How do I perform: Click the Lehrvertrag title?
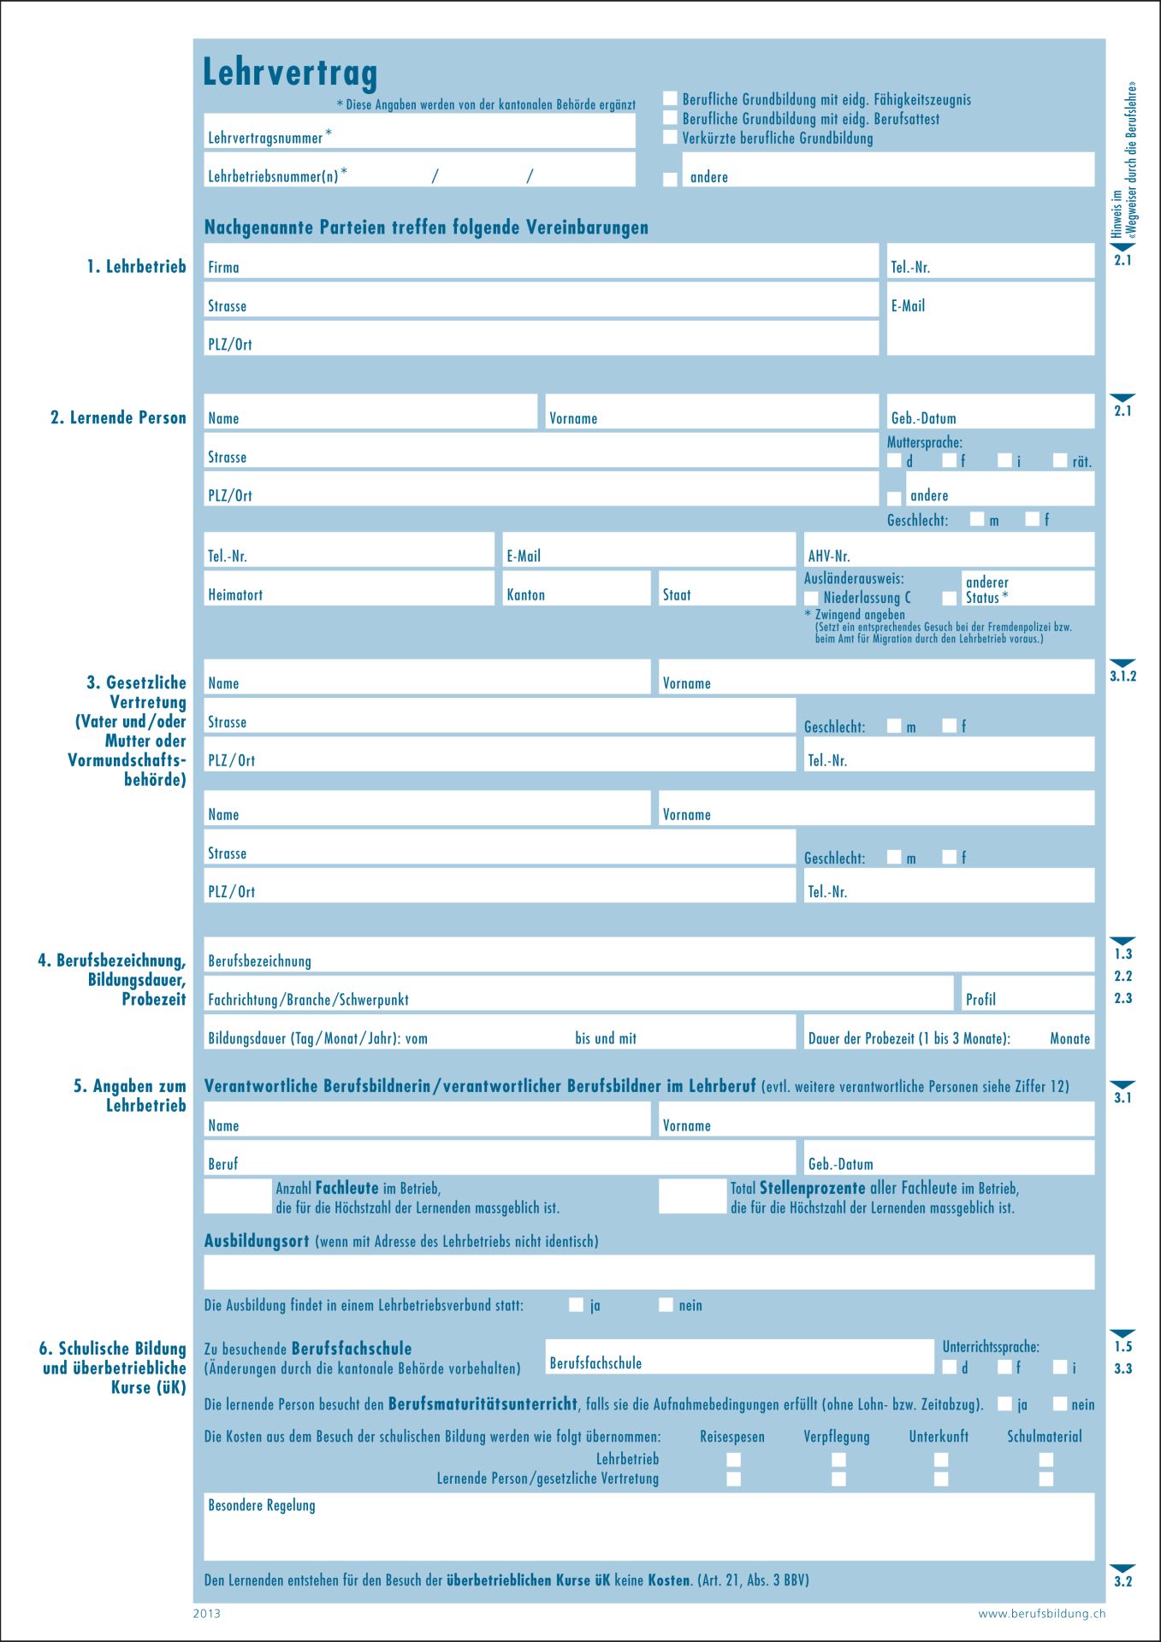[x=289, y=73]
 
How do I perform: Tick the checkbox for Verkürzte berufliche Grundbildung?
[x=670, y=138]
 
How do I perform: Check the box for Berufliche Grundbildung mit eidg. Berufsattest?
[x=670, y=118]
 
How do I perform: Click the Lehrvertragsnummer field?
[x=479, y=133]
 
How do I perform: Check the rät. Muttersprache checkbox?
[x=1060, y=461]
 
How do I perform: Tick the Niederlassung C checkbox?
[x=811, y=598]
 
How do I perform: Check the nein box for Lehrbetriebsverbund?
[x=666, y=1305]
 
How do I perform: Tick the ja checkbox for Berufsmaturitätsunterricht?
[x=1005, y=1404]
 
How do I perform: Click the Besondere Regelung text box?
[x=649, y=1527]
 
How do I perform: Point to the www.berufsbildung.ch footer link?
[x=1041, y=1614]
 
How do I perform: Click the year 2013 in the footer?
[x=206, y=1614]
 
